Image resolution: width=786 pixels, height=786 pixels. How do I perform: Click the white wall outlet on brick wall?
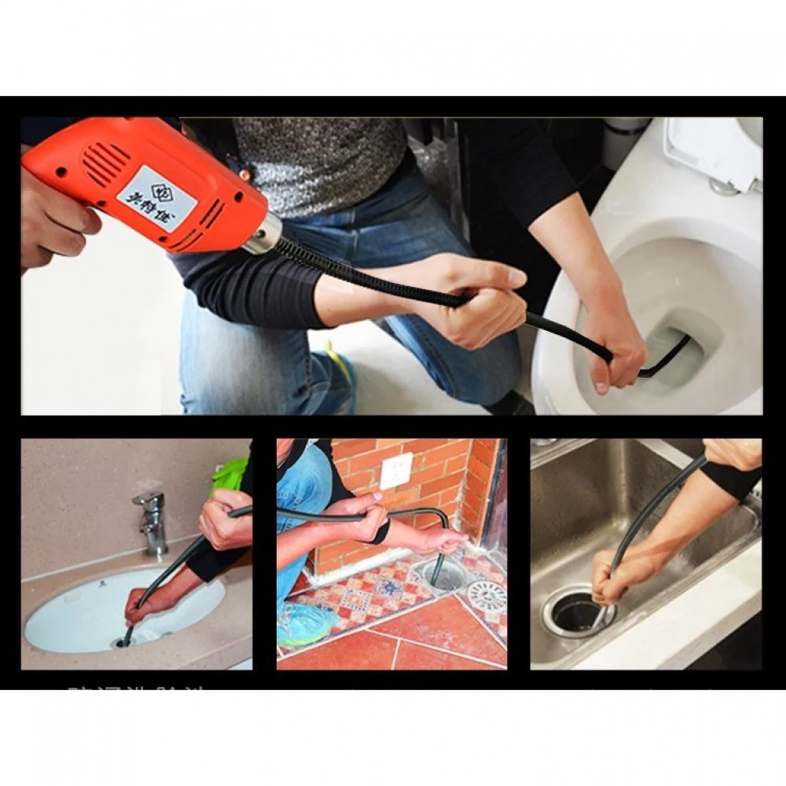pos(396,470)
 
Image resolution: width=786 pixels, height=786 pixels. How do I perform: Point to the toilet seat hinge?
pos(731,185)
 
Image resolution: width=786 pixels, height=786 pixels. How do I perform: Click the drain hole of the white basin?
pos(124,642)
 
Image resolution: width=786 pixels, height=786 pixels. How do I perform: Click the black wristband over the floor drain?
pos(381,532)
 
